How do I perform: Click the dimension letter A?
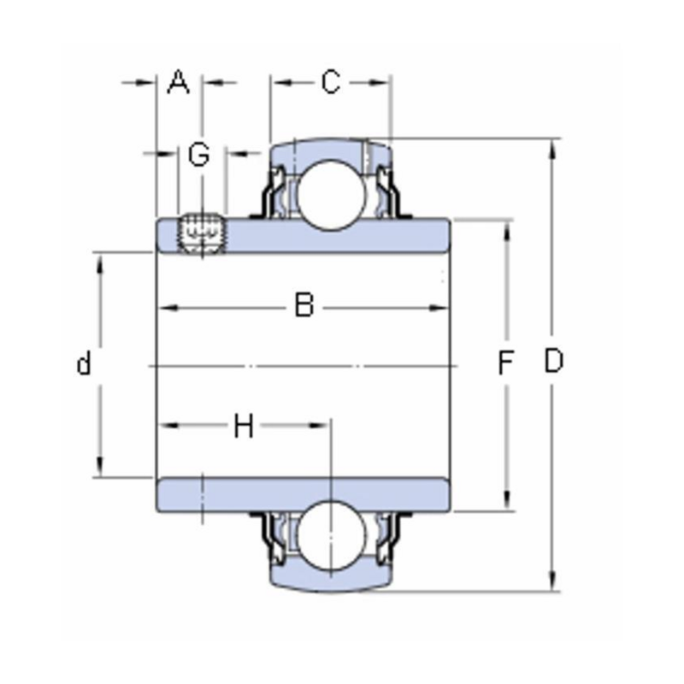178,83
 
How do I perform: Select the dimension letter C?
330,83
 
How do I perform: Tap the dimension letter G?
198,155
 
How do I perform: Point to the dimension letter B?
304,305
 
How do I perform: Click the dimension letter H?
245,425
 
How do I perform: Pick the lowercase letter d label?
83,365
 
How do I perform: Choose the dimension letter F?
506,365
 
